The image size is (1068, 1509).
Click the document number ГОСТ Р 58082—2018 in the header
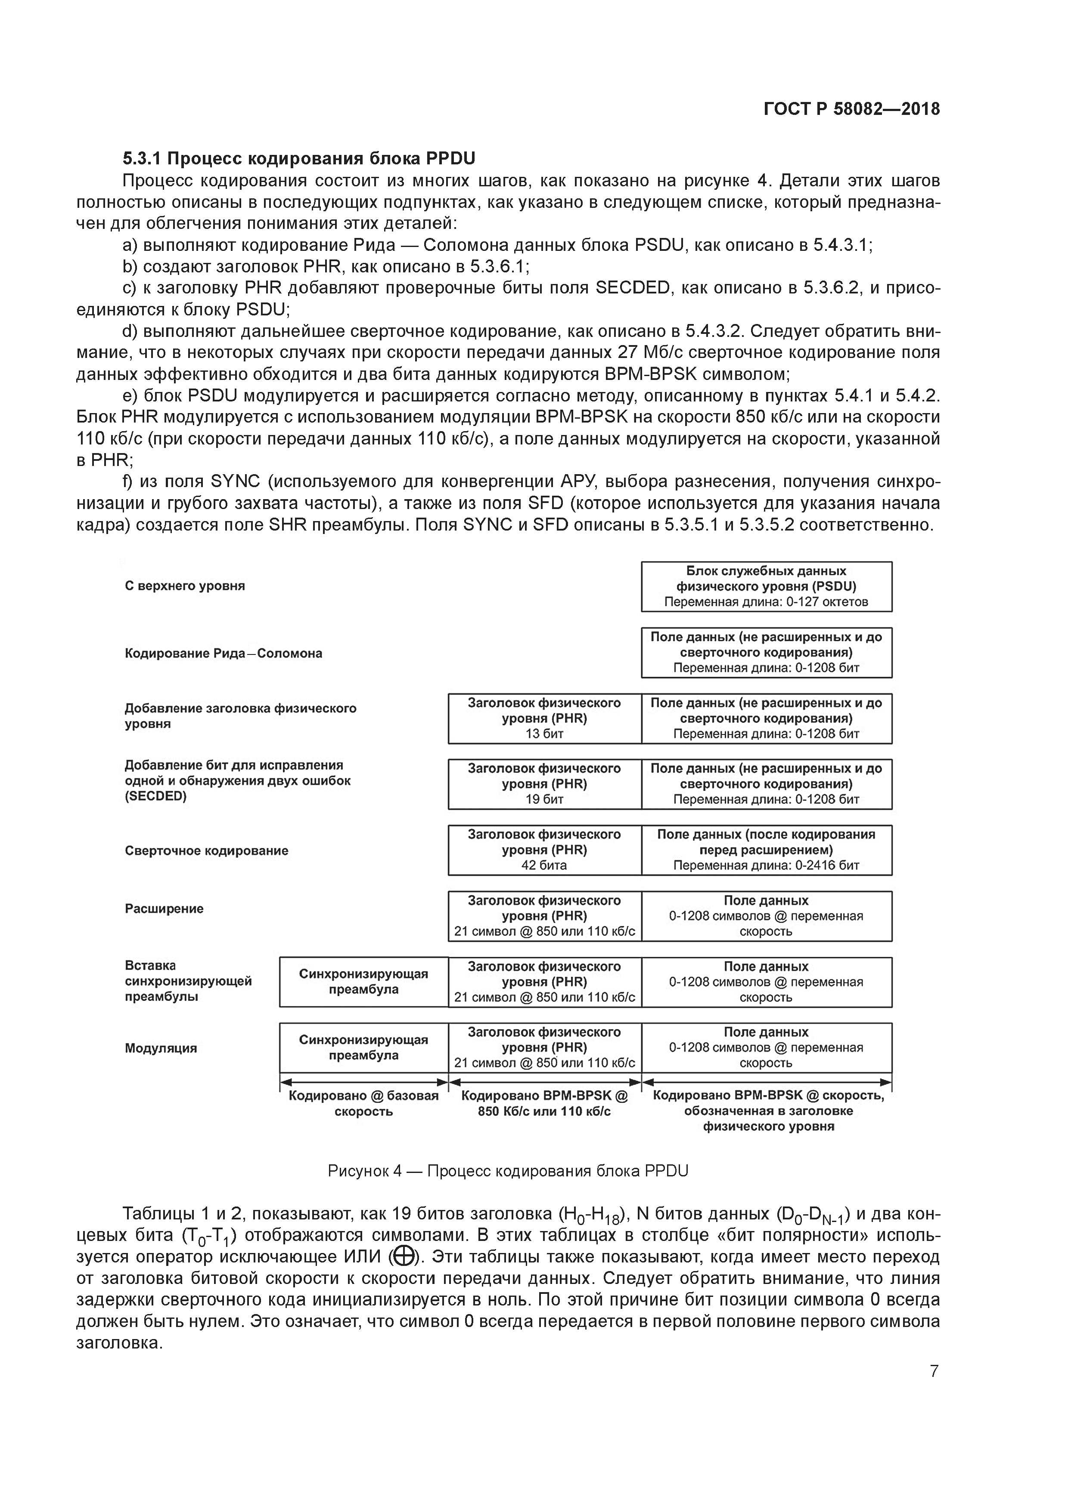coord(852,109)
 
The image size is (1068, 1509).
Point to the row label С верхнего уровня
coord(185,586)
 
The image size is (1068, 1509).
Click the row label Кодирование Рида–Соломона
coord(224,653)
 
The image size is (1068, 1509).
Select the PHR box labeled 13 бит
coord(544,718)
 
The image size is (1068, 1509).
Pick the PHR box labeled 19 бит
coord(544,784)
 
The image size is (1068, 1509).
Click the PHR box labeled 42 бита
coord(544,850)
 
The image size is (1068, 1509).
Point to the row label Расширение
coord(165,908)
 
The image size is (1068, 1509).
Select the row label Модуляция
coord(161,1048)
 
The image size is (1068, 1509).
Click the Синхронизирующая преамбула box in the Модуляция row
coord(363,1047)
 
